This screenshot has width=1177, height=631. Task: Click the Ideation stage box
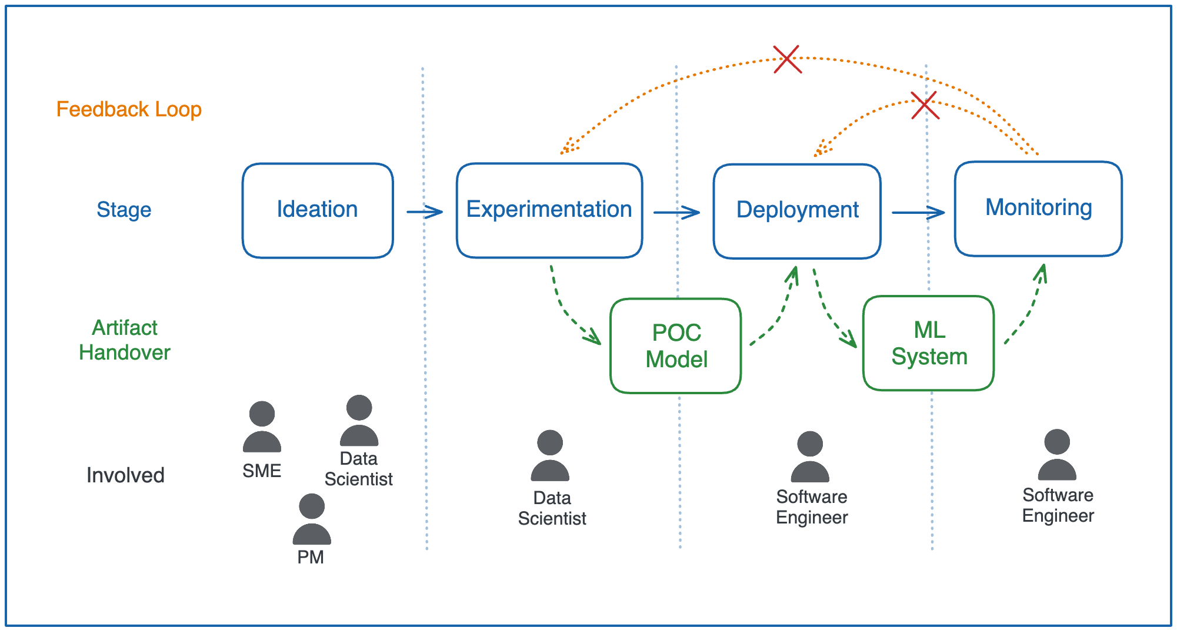pyautogui.click(x=318, y=210)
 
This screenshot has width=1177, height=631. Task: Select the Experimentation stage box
pyautogui.click(x=549, y=210)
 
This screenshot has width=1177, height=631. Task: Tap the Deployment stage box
pyautogui.click(x=797, y=211)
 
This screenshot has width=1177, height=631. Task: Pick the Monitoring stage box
pyautogui.click(x=1038, y=209)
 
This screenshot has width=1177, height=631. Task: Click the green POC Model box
pyautogui.click(x=676, y=346)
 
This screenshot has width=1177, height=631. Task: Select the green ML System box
pyautogui.click(x=929, y=343)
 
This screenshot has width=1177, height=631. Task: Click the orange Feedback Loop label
pyautogui.click(x=129, y=109)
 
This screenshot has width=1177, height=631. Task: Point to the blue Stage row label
pyautogui.click(x=124, y=210)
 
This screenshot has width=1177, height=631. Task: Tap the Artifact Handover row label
pyautogui.click(x=125, y=340)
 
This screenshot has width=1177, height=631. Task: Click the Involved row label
pyautogui.click(x=125, y=475)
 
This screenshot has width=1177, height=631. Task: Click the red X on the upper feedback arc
pyautogui.click(x=787, y=59)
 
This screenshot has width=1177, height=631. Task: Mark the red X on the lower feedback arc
pyautogui.click(x=925, y=105)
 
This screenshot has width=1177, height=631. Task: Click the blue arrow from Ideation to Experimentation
pyautogui.click(x=425, y=212)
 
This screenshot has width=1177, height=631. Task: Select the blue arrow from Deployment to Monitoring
pyautogui.click(x=918, y=212)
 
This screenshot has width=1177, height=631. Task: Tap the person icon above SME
pyautogui.click(x=262, y=427)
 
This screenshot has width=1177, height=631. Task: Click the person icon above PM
pyautogui.click(x=312, y=519)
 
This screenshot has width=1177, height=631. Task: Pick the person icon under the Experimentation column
pyautogui.click(x=550, y=455)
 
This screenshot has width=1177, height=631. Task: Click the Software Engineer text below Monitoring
pyautogui.click(x=1058, y=505)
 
